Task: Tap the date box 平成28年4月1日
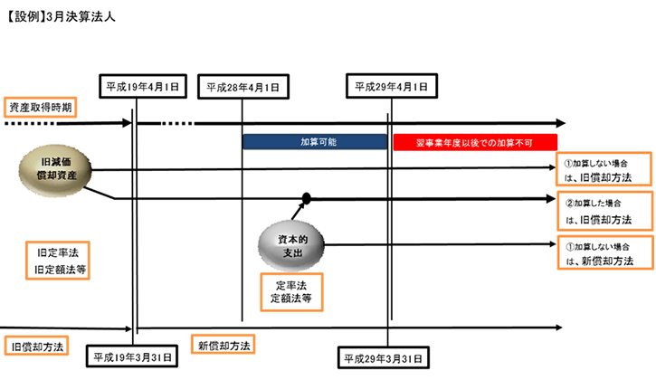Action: click(x=242, y=87)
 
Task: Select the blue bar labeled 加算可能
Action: click(x=315, y=142)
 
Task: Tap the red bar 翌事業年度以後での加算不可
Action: click(x=475, y=142)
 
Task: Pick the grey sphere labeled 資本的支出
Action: click(x=293, y=242)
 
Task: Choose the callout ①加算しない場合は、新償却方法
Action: click(x=604, y=253)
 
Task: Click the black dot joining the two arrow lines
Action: click(x=307, y=198)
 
